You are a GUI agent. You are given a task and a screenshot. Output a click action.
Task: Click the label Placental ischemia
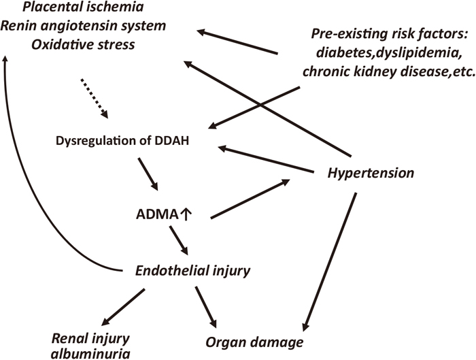click(x=83, y=7)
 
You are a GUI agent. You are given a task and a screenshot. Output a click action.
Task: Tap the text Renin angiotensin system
click(x=83, y=26)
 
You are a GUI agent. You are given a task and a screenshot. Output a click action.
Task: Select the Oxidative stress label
click(x=83, y=45)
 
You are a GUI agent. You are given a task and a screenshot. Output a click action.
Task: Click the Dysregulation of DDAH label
click(x=122, y=141)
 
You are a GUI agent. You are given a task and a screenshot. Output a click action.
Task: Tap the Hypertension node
click(x=371, y=173)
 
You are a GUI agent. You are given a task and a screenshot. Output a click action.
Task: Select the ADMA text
click(x=157, y=215)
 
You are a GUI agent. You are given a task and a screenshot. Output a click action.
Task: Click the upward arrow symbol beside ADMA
click(x=186, y=214)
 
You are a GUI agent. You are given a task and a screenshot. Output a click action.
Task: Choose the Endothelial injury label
click(x=192, y=270)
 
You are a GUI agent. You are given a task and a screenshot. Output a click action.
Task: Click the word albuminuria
click(x=90, y=354)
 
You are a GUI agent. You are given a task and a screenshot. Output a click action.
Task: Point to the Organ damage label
click(x=254, y=342)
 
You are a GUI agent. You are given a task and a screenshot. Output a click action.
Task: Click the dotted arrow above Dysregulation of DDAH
click(x=94, y=99)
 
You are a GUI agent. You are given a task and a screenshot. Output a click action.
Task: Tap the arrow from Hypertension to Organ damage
click(x=329, y=261)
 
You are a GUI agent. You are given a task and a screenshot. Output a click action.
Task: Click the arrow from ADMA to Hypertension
click(x=250, y=199)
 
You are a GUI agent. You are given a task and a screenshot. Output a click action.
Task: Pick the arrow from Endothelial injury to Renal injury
click(x=123, y=308)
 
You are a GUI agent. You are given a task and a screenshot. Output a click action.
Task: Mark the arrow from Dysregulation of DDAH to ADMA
click(x=148, y=174)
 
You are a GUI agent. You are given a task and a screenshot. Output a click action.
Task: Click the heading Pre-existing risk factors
click(x=388, y=34)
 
